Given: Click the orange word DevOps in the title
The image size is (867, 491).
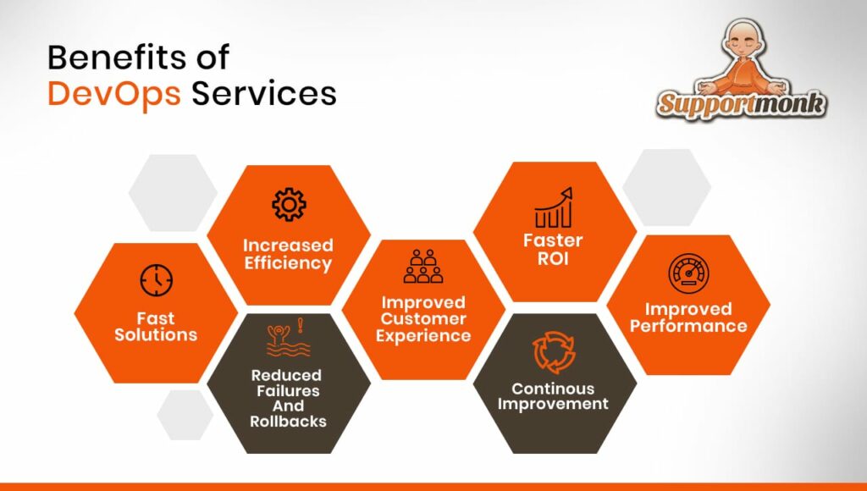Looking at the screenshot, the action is [x=114, y=94].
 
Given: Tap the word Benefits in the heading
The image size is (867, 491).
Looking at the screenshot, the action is [x=116, y=58].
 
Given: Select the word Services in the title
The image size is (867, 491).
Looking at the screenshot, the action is [x=264, y=93].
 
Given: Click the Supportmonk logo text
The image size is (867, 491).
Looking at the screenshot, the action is [x=742, y=103].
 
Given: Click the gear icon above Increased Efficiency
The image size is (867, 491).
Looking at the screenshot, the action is [x=289, y=205].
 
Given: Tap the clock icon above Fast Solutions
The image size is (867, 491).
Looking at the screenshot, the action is [x=156, y=280].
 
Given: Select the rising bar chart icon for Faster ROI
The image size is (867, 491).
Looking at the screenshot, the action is [x=553, y=207].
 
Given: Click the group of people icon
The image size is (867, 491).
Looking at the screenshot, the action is [x=423, y=266].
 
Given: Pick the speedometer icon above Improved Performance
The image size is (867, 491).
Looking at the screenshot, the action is [x=688, y=273].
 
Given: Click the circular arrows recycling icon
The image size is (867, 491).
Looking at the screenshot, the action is [x=553, y=353].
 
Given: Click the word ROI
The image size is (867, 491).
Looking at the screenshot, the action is [x=553, y=259].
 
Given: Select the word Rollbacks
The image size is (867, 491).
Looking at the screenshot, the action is [x=288, y=422].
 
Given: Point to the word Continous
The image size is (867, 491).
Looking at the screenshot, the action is [x=553, y=389].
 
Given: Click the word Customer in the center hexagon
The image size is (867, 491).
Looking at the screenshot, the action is [x=423, y=319].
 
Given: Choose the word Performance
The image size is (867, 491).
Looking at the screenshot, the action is [x=688, y=326].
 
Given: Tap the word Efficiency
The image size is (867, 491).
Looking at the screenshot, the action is [x=288, y=263].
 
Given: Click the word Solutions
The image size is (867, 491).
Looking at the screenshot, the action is [x=156, y=335].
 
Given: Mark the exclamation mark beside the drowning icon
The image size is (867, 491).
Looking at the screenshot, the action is [x=301, y=325].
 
